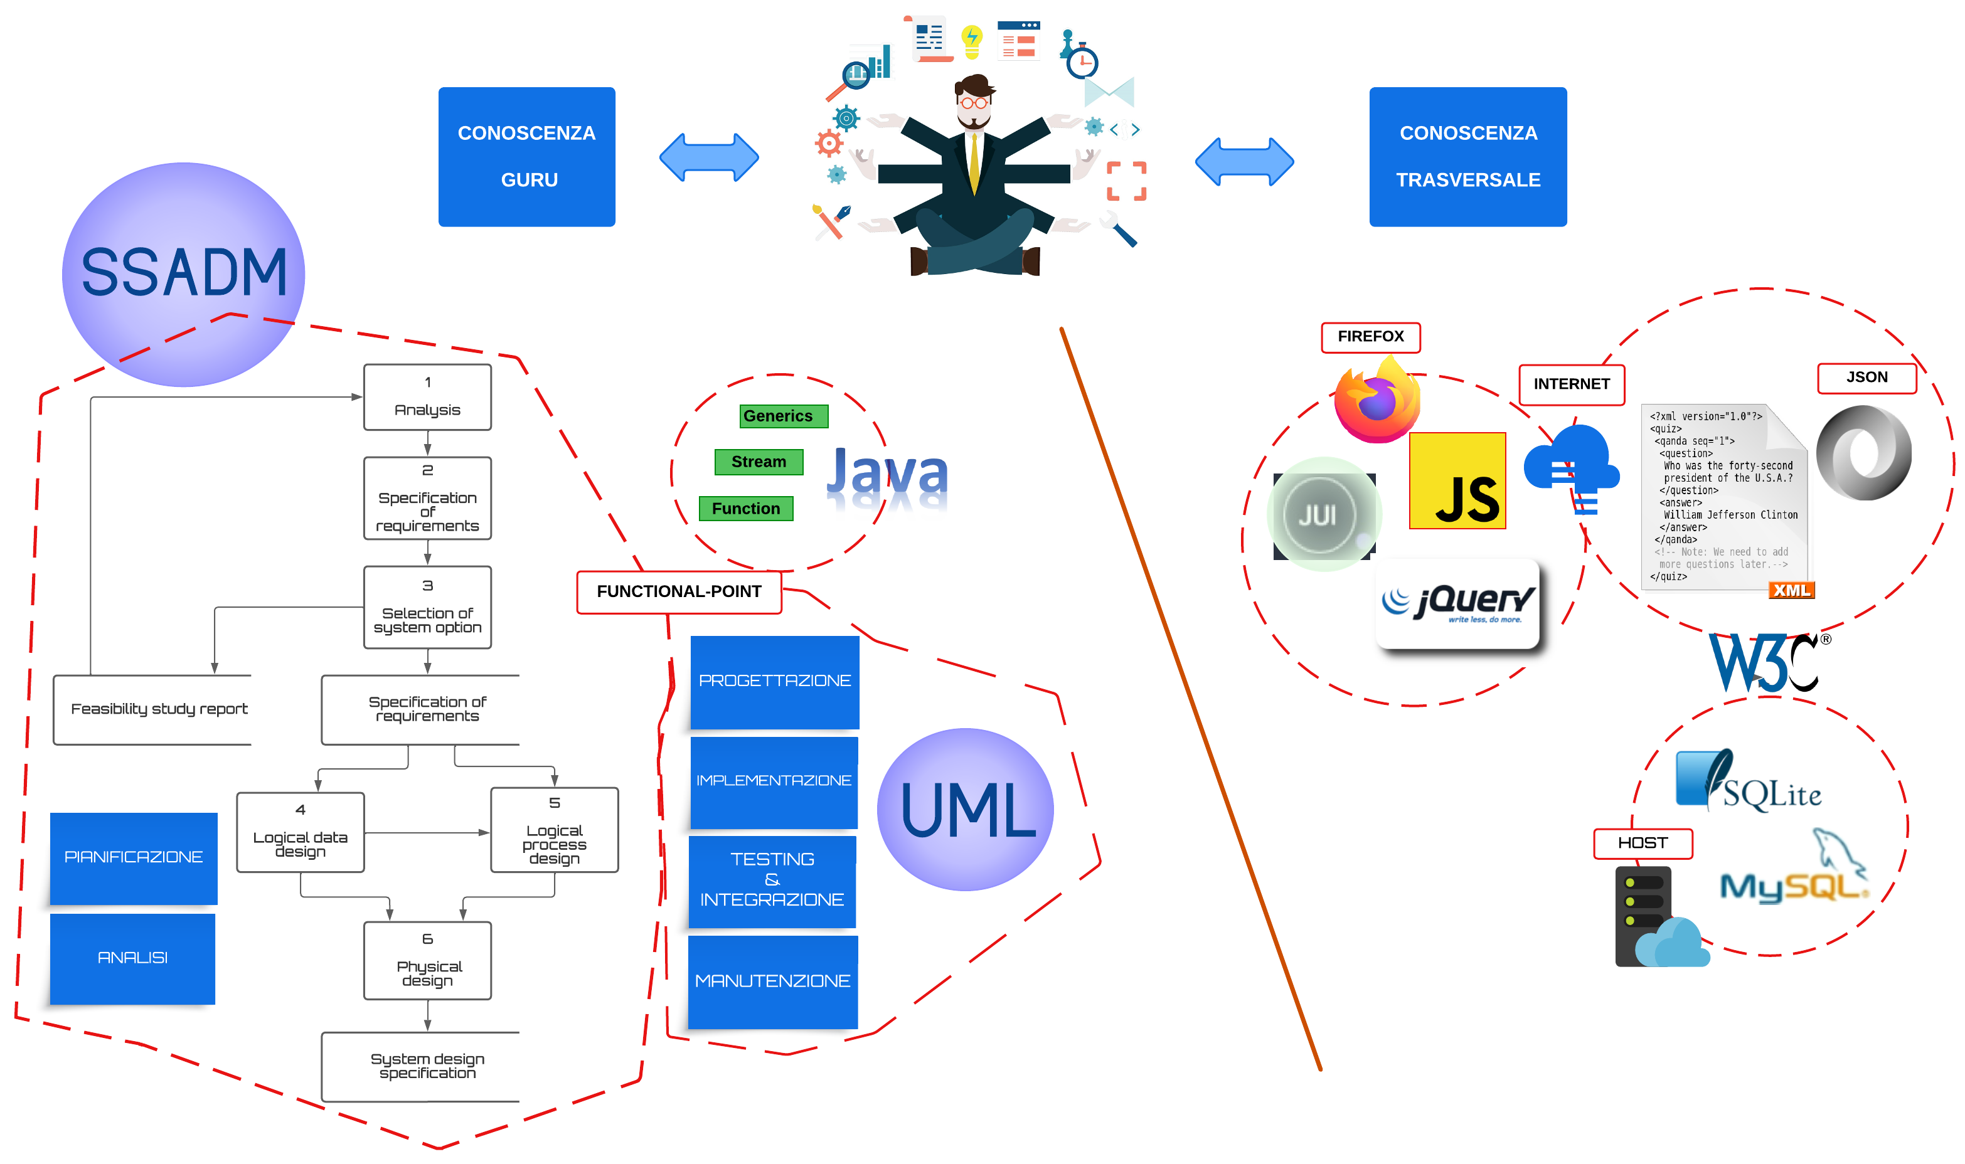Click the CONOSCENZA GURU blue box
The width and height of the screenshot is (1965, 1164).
pyautogui.click(x=526, y=157)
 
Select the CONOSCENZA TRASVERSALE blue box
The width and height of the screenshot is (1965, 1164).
pyautogui.click(x=1467, y=157)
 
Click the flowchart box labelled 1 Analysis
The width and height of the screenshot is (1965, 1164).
pyautogui.click(x=427, y=397)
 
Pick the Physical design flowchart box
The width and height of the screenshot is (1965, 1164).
pyautogui.click(x=427, y=960)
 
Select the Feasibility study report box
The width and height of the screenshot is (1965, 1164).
pyautogui.click(x=153, y=709)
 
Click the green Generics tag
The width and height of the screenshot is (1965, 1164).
pyautogui.click(x=783, y=416)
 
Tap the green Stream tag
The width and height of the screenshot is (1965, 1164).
pyautogui.click(x=759, y=462)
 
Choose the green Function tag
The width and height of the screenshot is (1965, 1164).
pyautogui.click(x=745, y=508)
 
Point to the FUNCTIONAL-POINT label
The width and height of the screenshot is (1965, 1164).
pyautogui.click(x=679, y=591)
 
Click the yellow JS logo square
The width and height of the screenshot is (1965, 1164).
pyautogui.click(x=1457, y=481)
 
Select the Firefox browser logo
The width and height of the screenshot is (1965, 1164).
pyautogui.click(x=1376, y=400)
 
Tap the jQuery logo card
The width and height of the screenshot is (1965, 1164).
pyautogui.click(x=1457, y=603)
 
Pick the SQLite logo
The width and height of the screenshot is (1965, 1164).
pyautogui.click(x=1748, y=781)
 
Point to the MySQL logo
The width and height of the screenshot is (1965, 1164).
pyautogui.click(x=1793, y=877)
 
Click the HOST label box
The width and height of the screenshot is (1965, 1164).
pyautogui.click(x=1642, y=843)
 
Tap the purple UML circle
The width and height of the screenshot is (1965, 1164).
pyautogui.click(x=965, y=810)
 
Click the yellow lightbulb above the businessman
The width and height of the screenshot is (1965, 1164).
pyautogui.click(x=972, y=41)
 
